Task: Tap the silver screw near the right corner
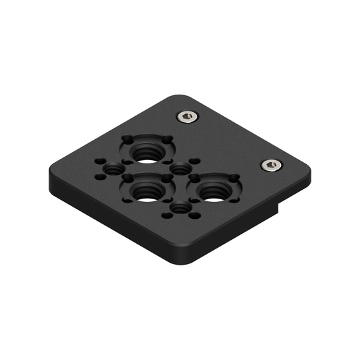271,165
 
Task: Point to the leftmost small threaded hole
114,168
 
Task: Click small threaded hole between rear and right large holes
181,168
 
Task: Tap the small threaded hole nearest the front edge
180,209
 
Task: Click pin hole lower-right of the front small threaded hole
194,217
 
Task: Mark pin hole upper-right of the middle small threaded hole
195,161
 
